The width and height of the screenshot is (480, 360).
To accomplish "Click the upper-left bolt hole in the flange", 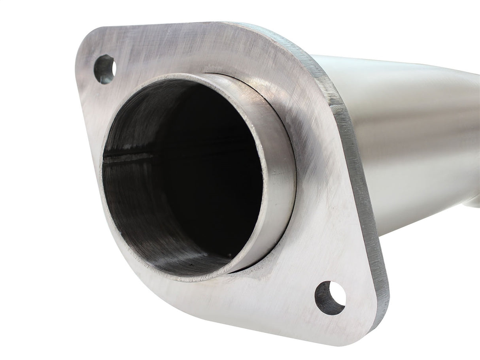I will pyautogui.click(x=104, y=69).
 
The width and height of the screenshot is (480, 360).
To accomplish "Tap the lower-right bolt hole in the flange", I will pyautogui.click(x=330, y=298).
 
